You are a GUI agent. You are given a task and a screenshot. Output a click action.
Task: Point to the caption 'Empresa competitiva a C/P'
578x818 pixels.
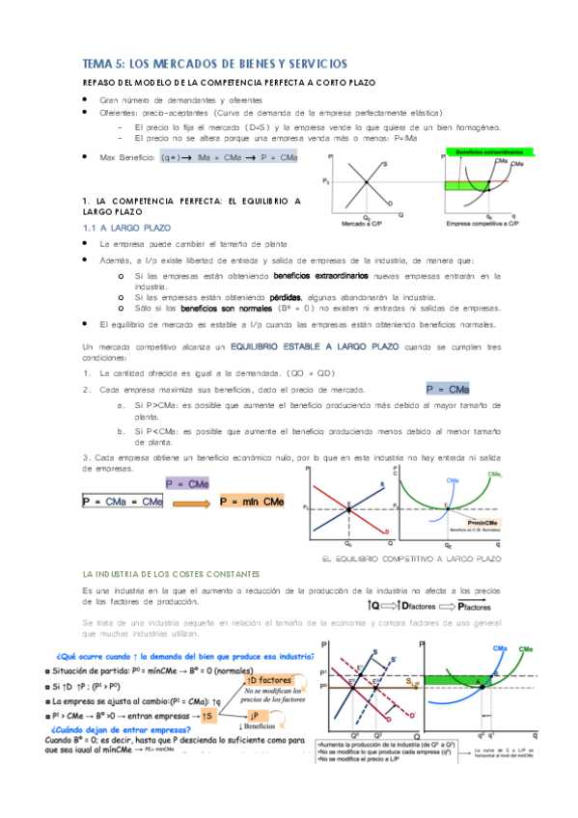(482, 223)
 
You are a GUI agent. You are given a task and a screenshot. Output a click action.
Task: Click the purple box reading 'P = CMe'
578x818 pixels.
(188, 483)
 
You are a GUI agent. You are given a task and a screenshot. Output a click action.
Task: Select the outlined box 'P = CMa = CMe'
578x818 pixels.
(124, 502)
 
